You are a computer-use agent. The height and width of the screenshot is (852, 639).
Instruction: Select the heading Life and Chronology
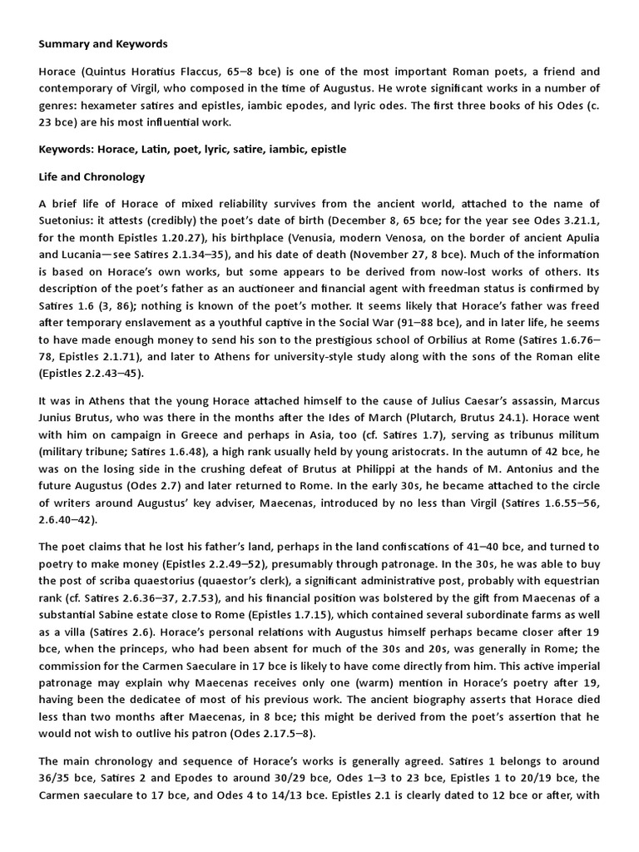pos(92,176)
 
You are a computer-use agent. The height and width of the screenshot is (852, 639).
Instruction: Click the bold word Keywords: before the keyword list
pos(70,149)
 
